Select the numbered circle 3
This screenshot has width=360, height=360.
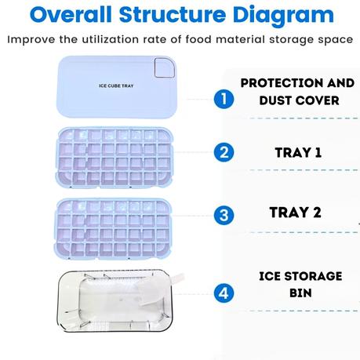click(224, 214)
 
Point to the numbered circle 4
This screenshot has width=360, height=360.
click(224, 294)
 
